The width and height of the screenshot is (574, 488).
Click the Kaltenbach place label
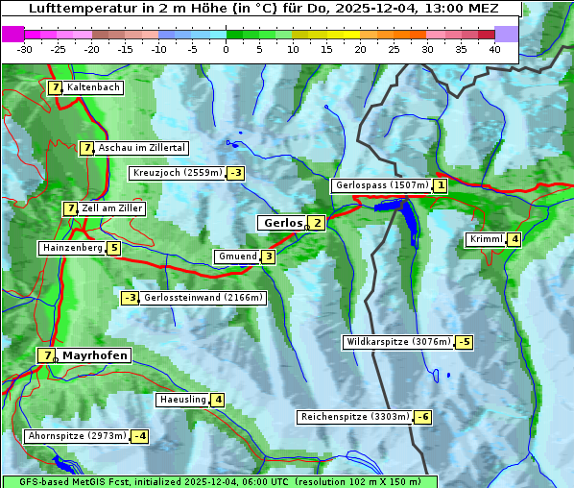click(x=93, y=87)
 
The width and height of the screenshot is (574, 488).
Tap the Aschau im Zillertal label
click(x=141, y=148)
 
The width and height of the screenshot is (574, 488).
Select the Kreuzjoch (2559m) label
click(x=177, y=173)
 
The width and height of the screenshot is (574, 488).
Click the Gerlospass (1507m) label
click(x=380, y=185)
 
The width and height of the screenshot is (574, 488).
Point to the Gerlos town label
click(x=282, y=223)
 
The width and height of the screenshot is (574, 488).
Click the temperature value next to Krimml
click(x=515, y=239)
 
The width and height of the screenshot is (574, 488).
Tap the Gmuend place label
click(x=237, y=256)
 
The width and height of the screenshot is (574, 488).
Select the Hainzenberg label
click(x=71, y=248)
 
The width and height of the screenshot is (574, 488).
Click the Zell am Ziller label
click(x=112, y=208)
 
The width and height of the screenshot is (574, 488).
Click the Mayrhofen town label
click(x=95, y=355)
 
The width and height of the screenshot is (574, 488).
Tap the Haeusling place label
click(x=181, y=400)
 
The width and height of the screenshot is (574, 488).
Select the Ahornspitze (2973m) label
click(x=77, y=436)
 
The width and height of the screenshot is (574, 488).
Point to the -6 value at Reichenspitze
click(x=422, y=417)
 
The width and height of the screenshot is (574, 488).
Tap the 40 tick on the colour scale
click(x=494, y=49)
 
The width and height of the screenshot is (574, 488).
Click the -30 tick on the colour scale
click(x=25, y=49)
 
